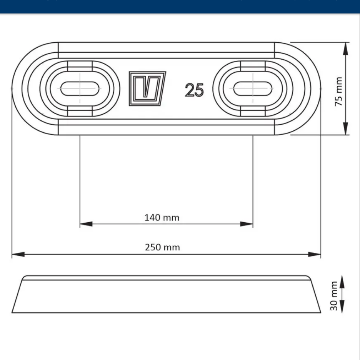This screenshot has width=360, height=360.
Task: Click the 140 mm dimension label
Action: tap(162, 218)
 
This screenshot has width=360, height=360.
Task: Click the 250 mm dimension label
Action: tap(162, 247)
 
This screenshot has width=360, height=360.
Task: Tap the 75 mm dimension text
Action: tap(338, 92)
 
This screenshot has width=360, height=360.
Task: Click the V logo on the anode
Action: tap(147, 88)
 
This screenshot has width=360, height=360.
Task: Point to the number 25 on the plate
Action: tap(194, 90)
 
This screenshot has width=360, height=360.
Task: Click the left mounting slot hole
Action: tap(79, 88)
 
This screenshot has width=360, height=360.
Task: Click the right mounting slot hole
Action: tap(252, 88)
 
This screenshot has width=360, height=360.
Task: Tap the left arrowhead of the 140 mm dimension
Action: tap(85, 224)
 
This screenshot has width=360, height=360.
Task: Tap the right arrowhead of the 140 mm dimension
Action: tap(247, 224)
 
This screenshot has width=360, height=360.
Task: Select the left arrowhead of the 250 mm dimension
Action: tap(18, 254)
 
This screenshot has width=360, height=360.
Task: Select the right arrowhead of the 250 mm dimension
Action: tap(315, 254)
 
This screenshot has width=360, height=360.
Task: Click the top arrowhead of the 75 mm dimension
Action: tap(345, 48)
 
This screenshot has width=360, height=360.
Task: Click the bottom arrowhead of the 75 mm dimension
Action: tap(345, 128)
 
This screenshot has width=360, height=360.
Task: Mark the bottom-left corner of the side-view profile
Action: tap(12, 312)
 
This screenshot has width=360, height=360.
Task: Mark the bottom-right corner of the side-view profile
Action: tap(320, 312)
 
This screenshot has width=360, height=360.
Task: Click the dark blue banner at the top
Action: tap(180, 6)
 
